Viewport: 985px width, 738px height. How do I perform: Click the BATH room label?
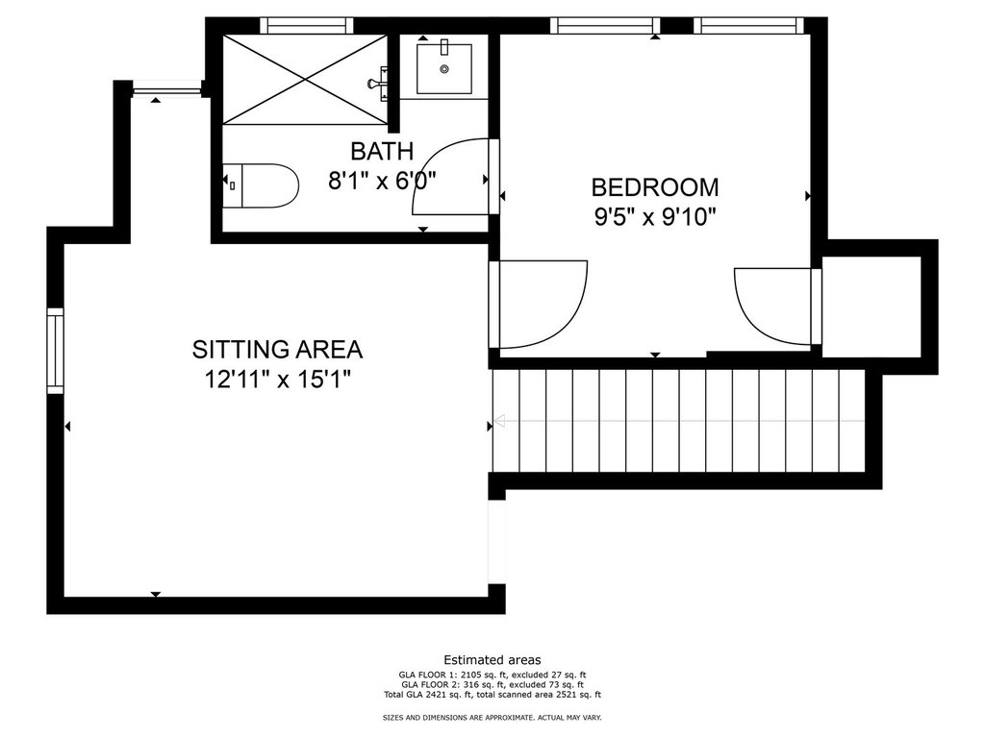[382, 151]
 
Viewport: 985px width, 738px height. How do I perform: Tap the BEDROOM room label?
[655, 187]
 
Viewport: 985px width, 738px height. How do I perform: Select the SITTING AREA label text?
[277, 349]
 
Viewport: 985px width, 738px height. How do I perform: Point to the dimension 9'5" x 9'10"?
[655, 217]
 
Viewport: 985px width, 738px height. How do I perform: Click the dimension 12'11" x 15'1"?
[277, 379]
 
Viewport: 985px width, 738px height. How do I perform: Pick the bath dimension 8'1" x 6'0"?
[382, 182]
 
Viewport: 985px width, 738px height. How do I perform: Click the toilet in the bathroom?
[260, 185]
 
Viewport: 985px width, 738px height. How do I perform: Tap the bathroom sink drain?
[444, 69]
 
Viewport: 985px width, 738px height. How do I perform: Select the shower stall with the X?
[305, 79]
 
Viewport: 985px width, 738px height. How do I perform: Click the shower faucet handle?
[379, 84]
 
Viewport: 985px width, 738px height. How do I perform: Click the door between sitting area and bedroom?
[539, 304]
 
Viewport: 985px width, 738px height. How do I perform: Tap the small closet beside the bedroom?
[871, 307]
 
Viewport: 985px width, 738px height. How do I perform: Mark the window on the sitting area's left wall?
[55, 351]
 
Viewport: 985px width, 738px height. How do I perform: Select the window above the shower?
[307, 26]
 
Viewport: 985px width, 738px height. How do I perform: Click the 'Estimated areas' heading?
[492, 660]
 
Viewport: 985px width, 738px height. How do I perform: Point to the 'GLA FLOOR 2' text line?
[492, 684]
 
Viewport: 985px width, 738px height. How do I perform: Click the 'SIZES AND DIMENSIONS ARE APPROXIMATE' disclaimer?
[492, 717]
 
